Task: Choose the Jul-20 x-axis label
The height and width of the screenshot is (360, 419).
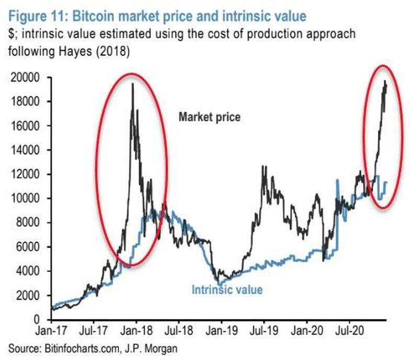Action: click(x=348, y=332)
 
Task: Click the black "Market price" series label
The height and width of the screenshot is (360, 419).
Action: click(x=210, y=117)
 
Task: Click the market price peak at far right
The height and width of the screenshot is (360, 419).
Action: click(x=385, y=81)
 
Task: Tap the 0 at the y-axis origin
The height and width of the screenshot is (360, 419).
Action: click(x=37, y=319)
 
